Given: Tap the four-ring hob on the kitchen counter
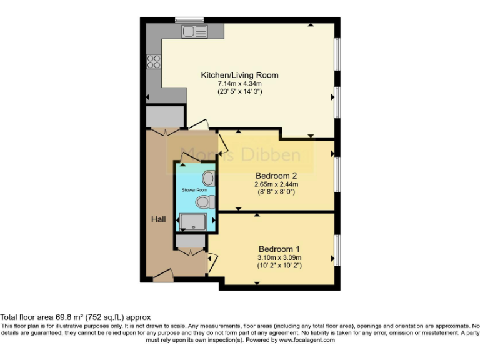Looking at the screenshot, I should (x=153, y=61).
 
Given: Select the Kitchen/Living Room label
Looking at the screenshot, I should (x=239, y=75).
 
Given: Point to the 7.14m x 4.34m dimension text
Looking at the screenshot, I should (x=239, y=83).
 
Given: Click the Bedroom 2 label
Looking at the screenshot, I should (x=276, y=176).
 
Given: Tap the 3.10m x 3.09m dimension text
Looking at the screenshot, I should (x=279, y=257).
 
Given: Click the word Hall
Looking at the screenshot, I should (x=157, y=219).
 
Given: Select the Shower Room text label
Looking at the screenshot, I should (x=194, y=189).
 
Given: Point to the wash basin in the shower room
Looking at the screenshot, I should (x=208, y=178).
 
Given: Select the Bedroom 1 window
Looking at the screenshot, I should (x=337, y=248).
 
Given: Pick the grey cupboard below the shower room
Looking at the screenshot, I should (x=187, y=241).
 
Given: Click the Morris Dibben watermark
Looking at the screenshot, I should (x=241, y=154).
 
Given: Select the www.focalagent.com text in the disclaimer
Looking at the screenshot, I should (x=306, y=341).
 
